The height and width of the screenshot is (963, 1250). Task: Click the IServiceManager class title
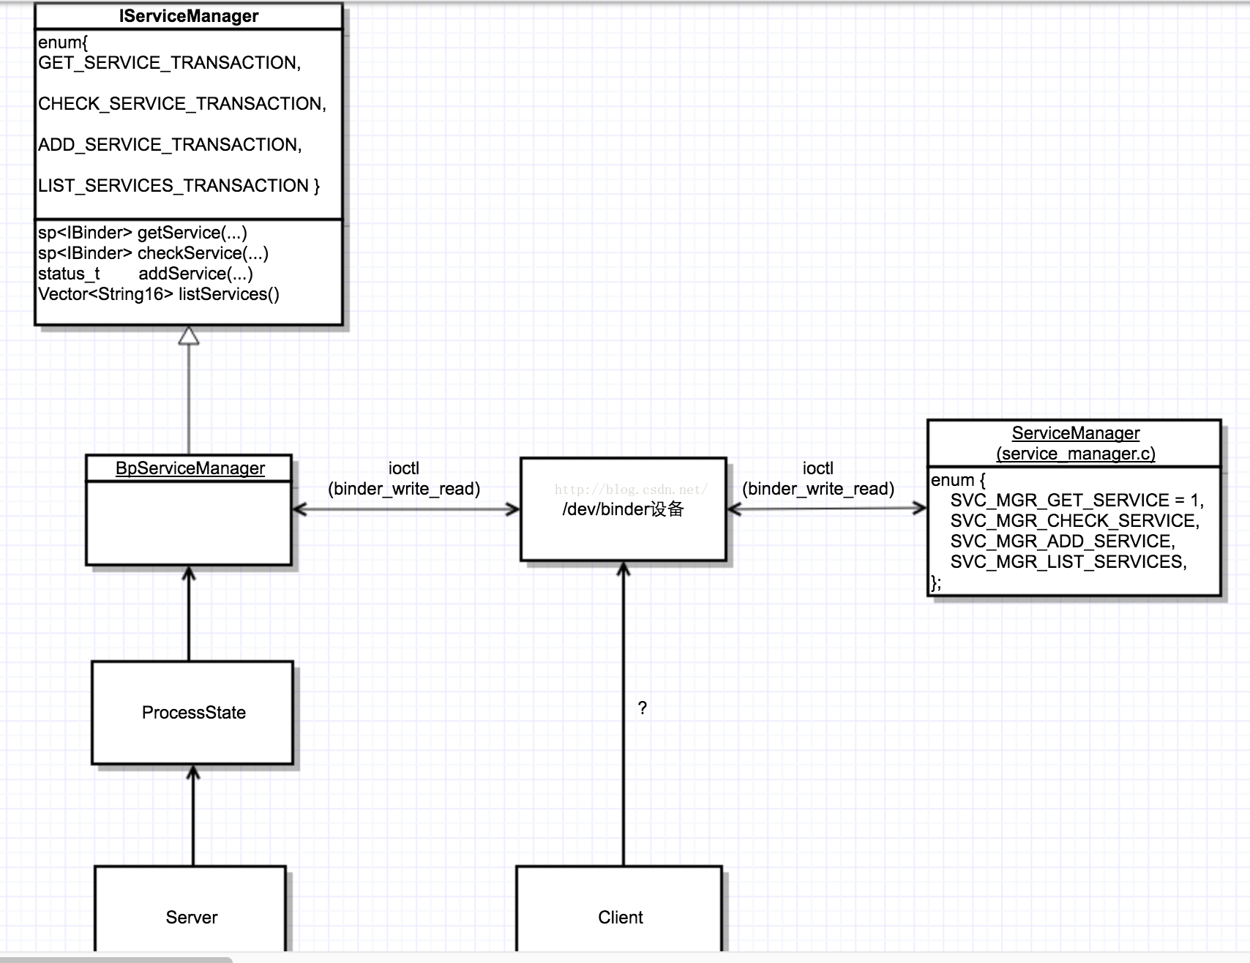coord(189,16)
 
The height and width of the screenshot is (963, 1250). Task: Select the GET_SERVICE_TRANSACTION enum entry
coord(169,63)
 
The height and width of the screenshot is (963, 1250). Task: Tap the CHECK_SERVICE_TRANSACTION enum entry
coord(182,104)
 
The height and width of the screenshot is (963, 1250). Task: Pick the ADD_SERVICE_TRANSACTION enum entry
coord(170,145)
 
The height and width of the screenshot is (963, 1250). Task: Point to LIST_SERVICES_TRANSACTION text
coord(179,186)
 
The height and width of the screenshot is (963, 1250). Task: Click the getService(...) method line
coord(143,233)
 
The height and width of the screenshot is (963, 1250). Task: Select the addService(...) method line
coord(146,274)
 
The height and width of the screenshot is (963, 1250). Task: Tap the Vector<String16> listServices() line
coord(159,294)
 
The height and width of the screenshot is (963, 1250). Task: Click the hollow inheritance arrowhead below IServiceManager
coord(189,336)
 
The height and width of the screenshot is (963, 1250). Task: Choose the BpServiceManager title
coord(190,468)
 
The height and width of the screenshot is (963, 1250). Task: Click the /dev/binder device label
coord(623,509)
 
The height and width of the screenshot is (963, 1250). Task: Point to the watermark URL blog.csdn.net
coord(631,490)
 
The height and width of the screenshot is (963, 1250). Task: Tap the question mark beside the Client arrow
coord(643,708)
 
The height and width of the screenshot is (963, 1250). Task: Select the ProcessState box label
coord(194,713)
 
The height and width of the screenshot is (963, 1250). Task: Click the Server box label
coord(192,918)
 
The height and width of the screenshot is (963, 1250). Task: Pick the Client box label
coord(621,918)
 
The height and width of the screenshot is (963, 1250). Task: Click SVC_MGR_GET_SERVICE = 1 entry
coord(1077,501)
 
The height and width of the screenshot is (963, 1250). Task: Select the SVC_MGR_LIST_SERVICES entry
coord(1068,562)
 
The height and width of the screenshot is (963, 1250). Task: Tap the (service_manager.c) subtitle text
coord(1075,454)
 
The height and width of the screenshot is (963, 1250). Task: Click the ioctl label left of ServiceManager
coord(817,468)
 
